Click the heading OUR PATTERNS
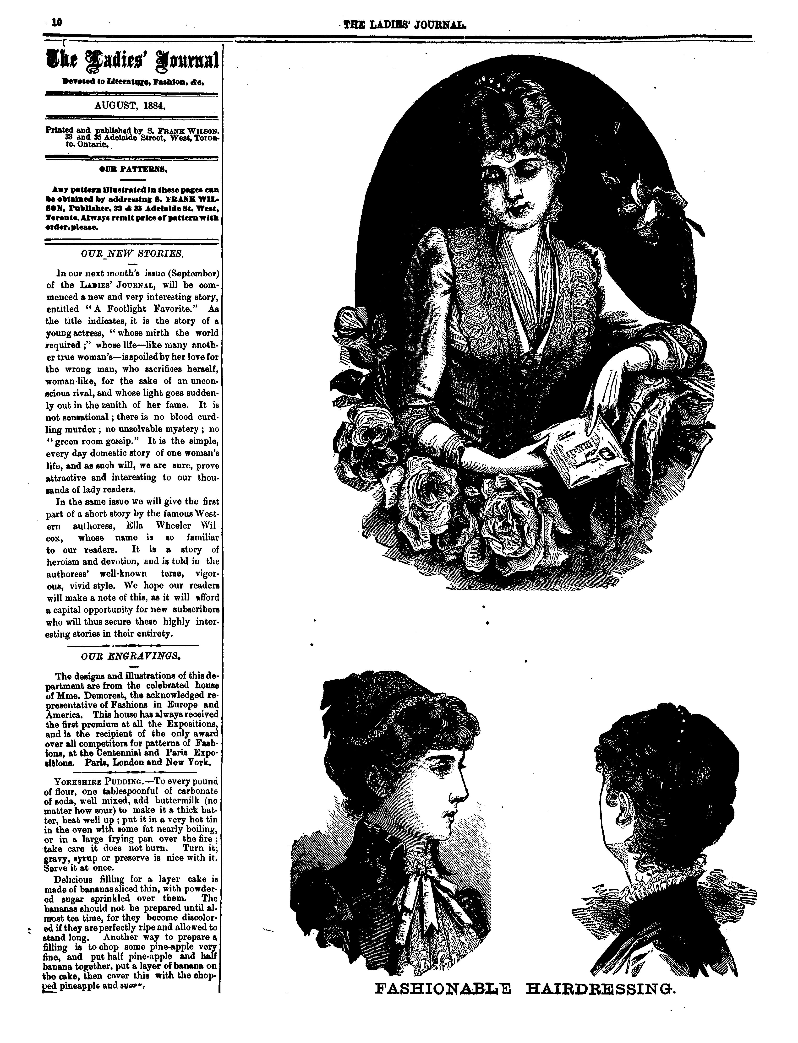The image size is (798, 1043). tap(131, 168)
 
